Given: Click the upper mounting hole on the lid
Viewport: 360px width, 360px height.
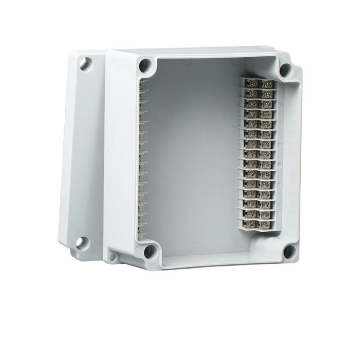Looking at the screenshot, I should pyautogui.click(x=84, y=63).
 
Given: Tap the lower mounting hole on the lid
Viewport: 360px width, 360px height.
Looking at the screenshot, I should pyautogui.click(x=82, y=242).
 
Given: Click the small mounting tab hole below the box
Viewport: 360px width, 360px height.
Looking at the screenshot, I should pyautogui.click(x=112, y=257).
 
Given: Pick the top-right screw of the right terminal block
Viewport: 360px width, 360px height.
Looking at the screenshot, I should pyautogui.click(x=268, y=84).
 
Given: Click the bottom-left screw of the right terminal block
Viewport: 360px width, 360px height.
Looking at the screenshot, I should pyautogui.click(x=251, y=223).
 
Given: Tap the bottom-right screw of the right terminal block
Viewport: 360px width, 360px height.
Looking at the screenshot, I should pyautogui.click(x=264, y=223).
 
